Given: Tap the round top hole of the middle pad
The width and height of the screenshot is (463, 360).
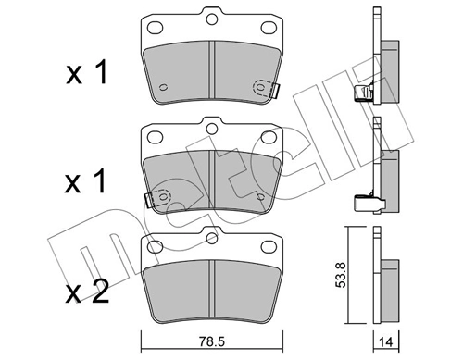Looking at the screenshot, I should tap(212, 130).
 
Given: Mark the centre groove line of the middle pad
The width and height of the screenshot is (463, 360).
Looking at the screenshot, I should tap(212, 180).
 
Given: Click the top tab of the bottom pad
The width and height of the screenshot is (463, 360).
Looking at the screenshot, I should tap(212, 242).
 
